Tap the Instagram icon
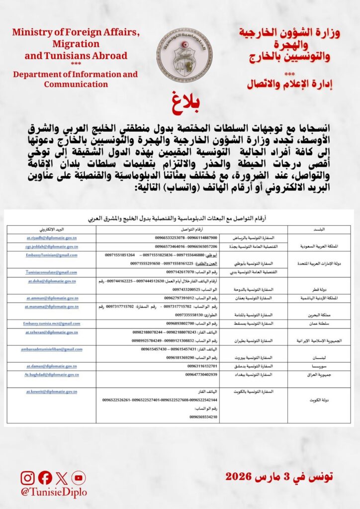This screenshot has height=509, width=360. coord(28,478)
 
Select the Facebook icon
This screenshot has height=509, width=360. coord(45,478)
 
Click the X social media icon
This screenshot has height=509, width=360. coord(61,478)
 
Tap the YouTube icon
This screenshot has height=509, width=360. coord(78,478)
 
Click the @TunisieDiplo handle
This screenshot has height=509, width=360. coord(53,492)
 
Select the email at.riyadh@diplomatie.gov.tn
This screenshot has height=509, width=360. coord(52,238)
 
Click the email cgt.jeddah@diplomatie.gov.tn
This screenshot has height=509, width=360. coord(52,246)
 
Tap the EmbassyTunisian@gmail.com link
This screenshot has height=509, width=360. coord(52,254)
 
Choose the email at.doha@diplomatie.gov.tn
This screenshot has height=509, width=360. coord(52,281)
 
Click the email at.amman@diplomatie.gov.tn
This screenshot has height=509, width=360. coord(52,298)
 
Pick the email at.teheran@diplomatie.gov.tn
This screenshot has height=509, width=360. coord(52,332)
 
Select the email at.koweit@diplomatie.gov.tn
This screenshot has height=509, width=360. coord(52,392)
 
